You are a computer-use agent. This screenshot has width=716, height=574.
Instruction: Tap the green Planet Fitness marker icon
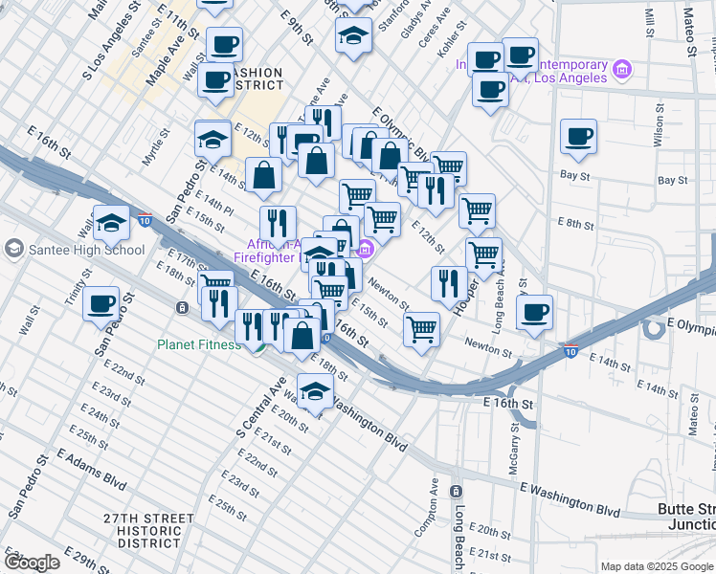point(258,346)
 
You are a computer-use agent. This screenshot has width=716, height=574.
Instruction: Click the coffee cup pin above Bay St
point(578,137)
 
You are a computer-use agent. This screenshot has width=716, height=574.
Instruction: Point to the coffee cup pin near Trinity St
point(101,304)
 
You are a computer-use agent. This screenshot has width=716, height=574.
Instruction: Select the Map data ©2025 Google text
point(656,566)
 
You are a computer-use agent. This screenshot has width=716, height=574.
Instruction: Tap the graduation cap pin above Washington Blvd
point(314,389)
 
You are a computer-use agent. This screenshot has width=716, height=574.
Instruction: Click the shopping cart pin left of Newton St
point(421,328)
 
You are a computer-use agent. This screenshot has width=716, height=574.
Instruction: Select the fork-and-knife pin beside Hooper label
point(447,282)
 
